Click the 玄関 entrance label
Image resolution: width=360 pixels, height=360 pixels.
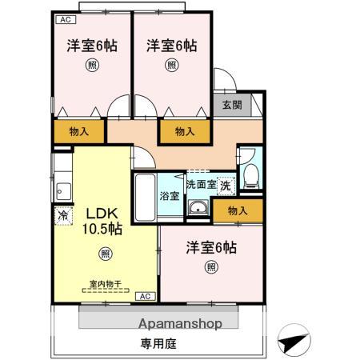click(231, 105)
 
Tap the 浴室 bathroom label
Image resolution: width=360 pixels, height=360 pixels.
click(169, 195)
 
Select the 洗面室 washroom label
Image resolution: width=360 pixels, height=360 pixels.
click(201, 185)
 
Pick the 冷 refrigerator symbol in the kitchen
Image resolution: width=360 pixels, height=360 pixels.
click(62, 215)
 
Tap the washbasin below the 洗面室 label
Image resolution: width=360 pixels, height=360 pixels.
click(198, 210)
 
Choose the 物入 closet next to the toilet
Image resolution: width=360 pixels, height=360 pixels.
click(237, 210)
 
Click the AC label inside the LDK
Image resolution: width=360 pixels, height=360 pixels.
click(145, 296)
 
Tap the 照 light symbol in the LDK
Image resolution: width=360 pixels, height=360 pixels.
click(105, 254)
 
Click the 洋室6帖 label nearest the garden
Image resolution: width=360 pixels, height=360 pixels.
click(212, 246)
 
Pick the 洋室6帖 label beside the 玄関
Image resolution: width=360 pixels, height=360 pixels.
click(172, 46)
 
